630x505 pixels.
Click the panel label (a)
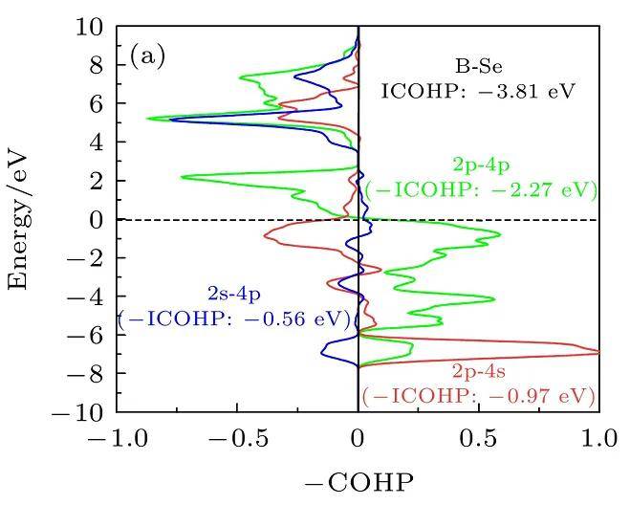pos(147,56)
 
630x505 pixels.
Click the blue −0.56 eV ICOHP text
pos(234,318)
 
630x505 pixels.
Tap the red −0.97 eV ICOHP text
pos(479,394)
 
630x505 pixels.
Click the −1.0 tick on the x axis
pos(117,441)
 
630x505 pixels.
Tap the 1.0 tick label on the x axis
pos(598,441)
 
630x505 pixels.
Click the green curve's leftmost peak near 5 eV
pos(148,119)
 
